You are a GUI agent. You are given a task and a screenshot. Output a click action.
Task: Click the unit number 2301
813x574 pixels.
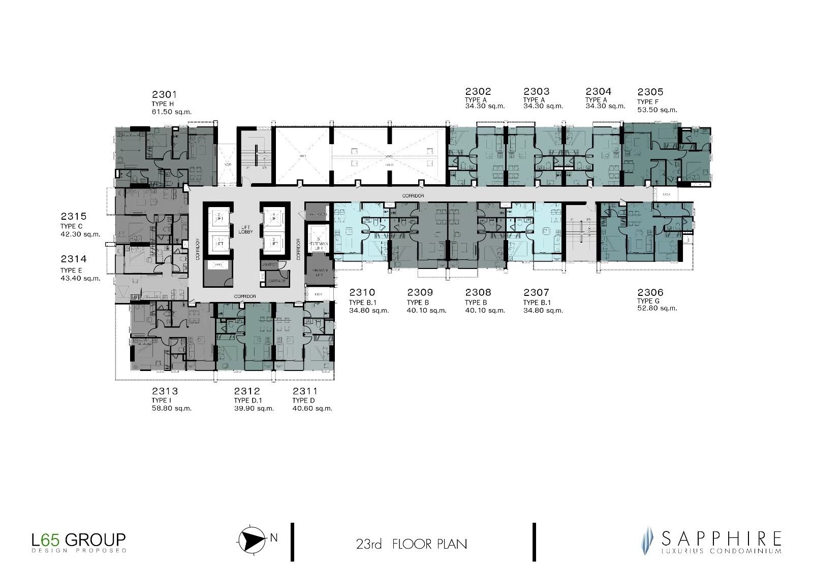[164, 94]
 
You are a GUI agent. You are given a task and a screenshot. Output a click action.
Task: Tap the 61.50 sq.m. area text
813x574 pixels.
[171, 112]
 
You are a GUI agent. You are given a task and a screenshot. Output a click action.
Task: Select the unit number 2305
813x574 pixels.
[650, 92]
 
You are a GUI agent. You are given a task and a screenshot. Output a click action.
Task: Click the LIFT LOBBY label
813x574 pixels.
[246, 229]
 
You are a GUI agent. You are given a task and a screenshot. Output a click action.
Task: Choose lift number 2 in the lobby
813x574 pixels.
[218, 217]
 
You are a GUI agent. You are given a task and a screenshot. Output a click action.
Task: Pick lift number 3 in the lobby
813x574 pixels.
[274, 242]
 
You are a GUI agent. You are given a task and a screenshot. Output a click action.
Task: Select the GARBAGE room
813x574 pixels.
[276, 280]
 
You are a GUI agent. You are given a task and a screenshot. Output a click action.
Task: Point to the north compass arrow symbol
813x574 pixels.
[252, 538]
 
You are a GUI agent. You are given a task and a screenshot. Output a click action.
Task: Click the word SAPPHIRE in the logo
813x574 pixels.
[721, 538]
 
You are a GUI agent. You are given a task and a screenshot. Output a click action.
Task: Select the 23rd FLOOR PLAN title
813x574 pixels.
[411, 544]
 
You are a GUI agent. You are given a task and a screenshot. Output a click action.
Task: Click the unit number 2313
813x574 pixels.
[165, 391]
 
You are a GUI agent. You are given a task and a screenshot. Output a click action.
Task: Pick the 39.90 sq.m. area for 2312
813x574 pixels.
[254, 409]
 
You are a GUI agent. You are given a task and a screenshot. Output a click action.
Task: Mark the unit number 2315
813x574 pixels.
[73, 217]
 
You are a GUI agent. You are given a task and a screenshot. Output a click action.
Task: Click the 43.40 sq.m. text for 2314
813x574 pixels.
[80, 278]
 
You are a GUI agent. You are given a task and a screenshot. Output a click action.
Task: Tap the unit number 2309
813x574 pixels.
[420, 292]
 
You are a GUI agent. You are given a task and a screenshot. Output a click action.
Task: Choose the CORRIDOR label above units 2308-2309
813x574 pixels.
[413, 195]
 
